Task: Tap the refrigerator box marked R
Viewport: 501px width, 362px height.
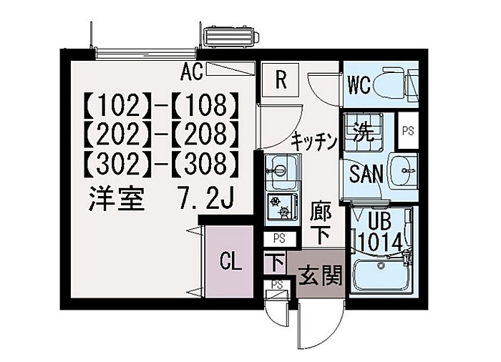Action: pos(281,79)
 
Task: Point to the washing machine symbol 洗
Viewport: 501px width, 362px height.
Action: pos(361,133)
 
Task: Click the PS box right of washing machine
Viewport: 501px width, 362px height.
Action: pos(408,131)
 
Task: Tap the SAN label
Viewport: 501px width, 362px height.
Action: pos(366,174)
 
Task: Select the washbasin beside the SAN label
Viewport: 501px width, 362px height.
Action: pos(405,171)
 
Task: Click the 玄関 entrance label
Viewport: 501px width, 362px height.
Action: pos(318,274)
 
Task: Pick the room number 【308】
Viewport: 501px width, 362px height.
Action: pos(207,165)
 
